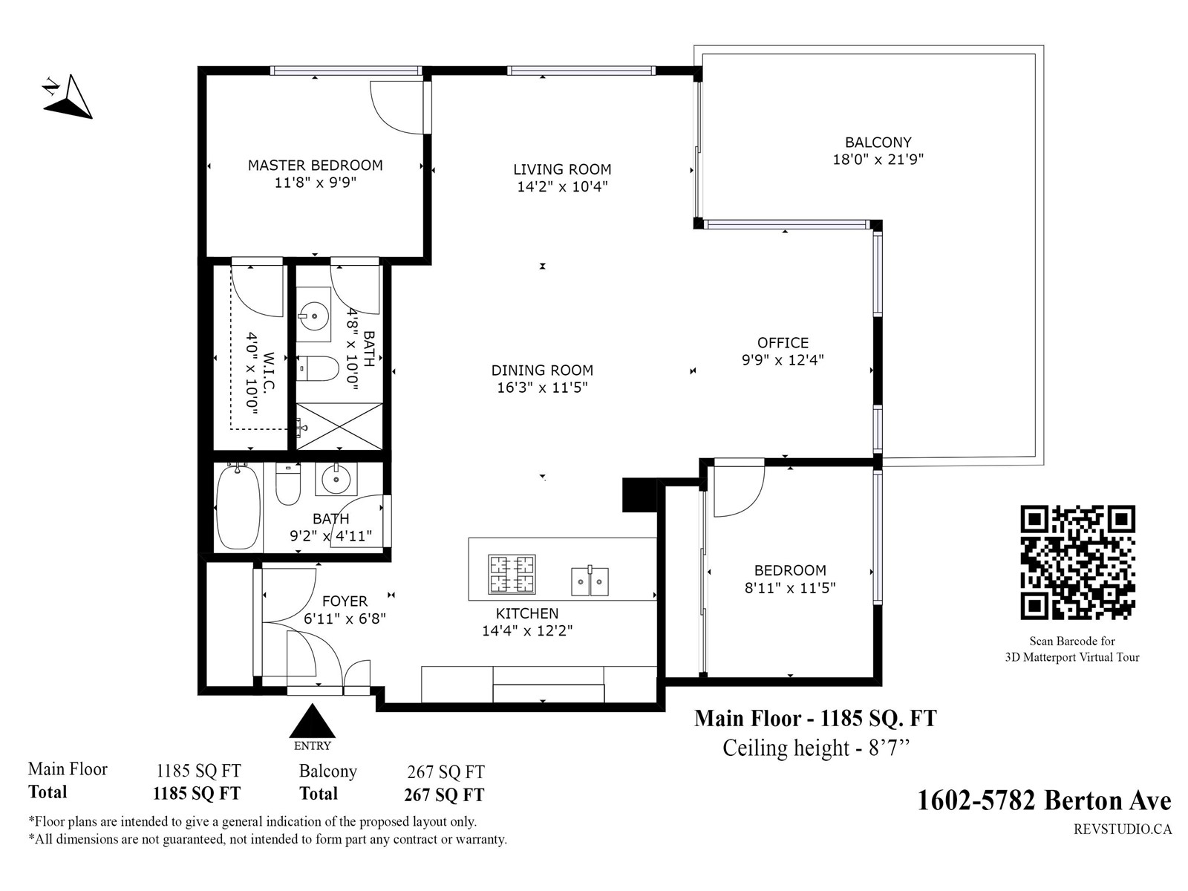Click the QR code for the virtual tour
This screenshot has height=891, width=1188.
pyautogui.click(x=1077, y=562)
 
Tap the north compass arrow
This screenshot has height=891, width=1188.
pyautogui.click(x=69, y=97)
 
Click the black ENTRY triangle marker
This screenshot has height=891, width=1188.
pyautogui.click(x=312, y=720)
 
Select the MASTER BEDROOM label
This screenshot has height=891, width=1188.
pyautogui.click(x=315, y=165)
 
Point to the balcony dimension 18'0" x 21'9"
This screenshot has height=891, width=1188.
pyautogui.click(x=878, y=160)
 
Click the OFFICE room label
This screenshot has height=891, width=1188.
pyautogui.click(x=783, y=342)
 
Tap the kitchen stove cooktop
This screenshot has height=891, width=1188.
pyautogui.click(x=512, y=574)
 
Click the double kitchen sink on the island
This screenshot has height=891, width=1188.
pyautogui.click(x=590, y=581)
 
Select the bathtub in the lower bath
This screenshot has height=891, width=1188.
pyautogui.click(x=238, y=507)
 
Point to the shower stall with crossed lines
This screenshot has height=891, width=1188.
pyautogui.click(x=339, y=426)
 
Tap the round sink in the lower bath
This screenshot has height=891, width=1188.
pyautogui.click(x=336, y=479)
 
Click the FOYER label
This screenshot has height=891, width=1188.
pyautogui.click(x=345, y=601)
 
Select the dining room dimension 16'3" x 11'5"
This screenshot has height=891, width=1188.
pyautogui.click(x=542, y=388)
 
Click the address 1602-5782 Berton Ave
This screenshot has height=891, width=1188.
pyautogui.click(x=1044, y=800)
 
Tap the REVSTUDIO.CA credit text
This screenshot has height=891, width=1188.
pyautogui.click(x=1123, y=829)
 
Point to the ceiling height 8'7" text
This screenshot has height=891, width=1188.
pyautogui.click(x=815, y=748)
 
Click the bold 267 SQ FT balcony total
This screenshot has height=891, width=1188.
pyautogui.click(x=444, y=794)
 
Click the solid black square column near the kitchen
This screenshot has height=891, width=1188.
pyautogui.click(x=639, y=495)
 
